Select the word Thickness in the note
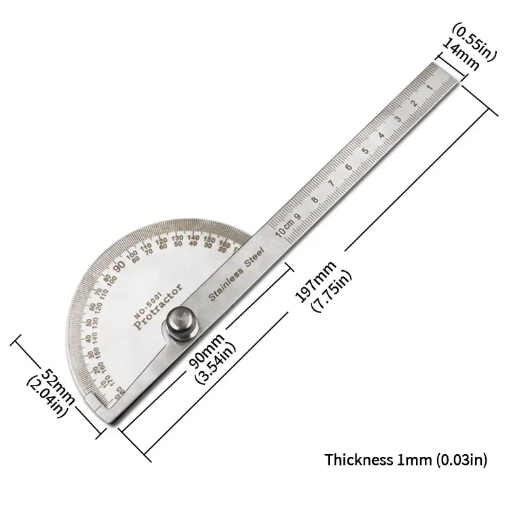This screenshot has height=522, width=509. (359, 460)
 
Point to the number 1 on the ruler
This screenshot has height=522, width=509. (430, 88)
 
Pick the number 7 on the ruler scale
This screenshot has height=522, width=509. (331, 183)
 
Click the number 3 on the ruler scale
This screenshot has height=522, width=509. (399, 118)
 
